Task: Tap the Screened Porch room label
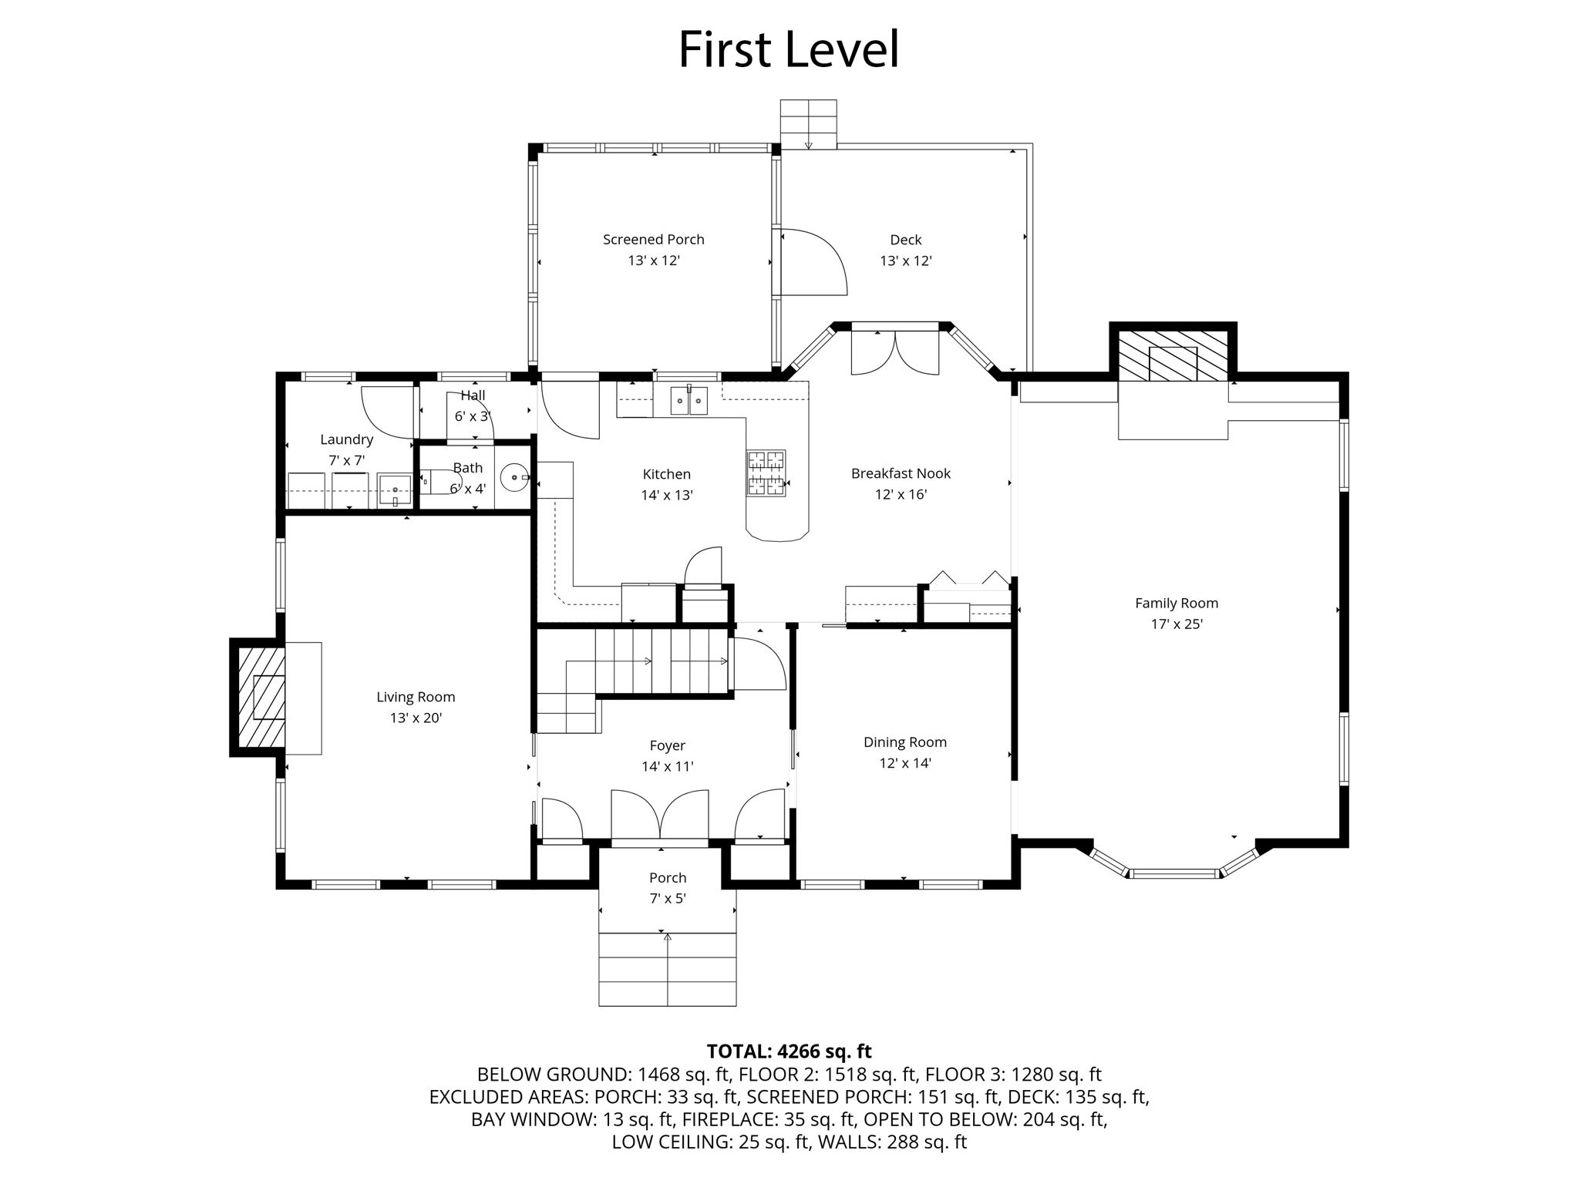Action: point(654,240)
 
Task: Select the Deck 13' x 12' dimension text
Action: point(906,261)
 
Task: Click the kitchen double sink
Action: point(688,400)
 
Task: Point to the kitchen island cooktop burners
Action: point(766,473)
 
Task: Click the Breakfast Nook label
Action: point(901,473)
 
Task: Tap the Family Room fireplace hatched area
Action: point(1173,356)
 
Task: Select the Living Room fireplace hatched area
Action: point(261,697)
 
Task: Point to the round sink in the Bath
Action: point(514,477)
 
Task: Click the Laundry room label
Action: point(347,439)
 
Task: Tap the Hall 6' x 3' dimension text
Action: point(473,416)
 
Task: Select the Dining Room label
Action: point(905,742)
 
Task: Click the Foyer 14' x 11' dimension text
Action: point(668,766)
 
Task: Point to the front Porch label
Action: point(668,877)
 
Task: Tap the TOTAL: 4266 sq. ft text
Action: point(789,1051)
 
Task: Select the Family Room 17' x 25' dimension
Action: point(1177,624)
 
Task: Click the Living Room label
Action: point(416,697)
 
